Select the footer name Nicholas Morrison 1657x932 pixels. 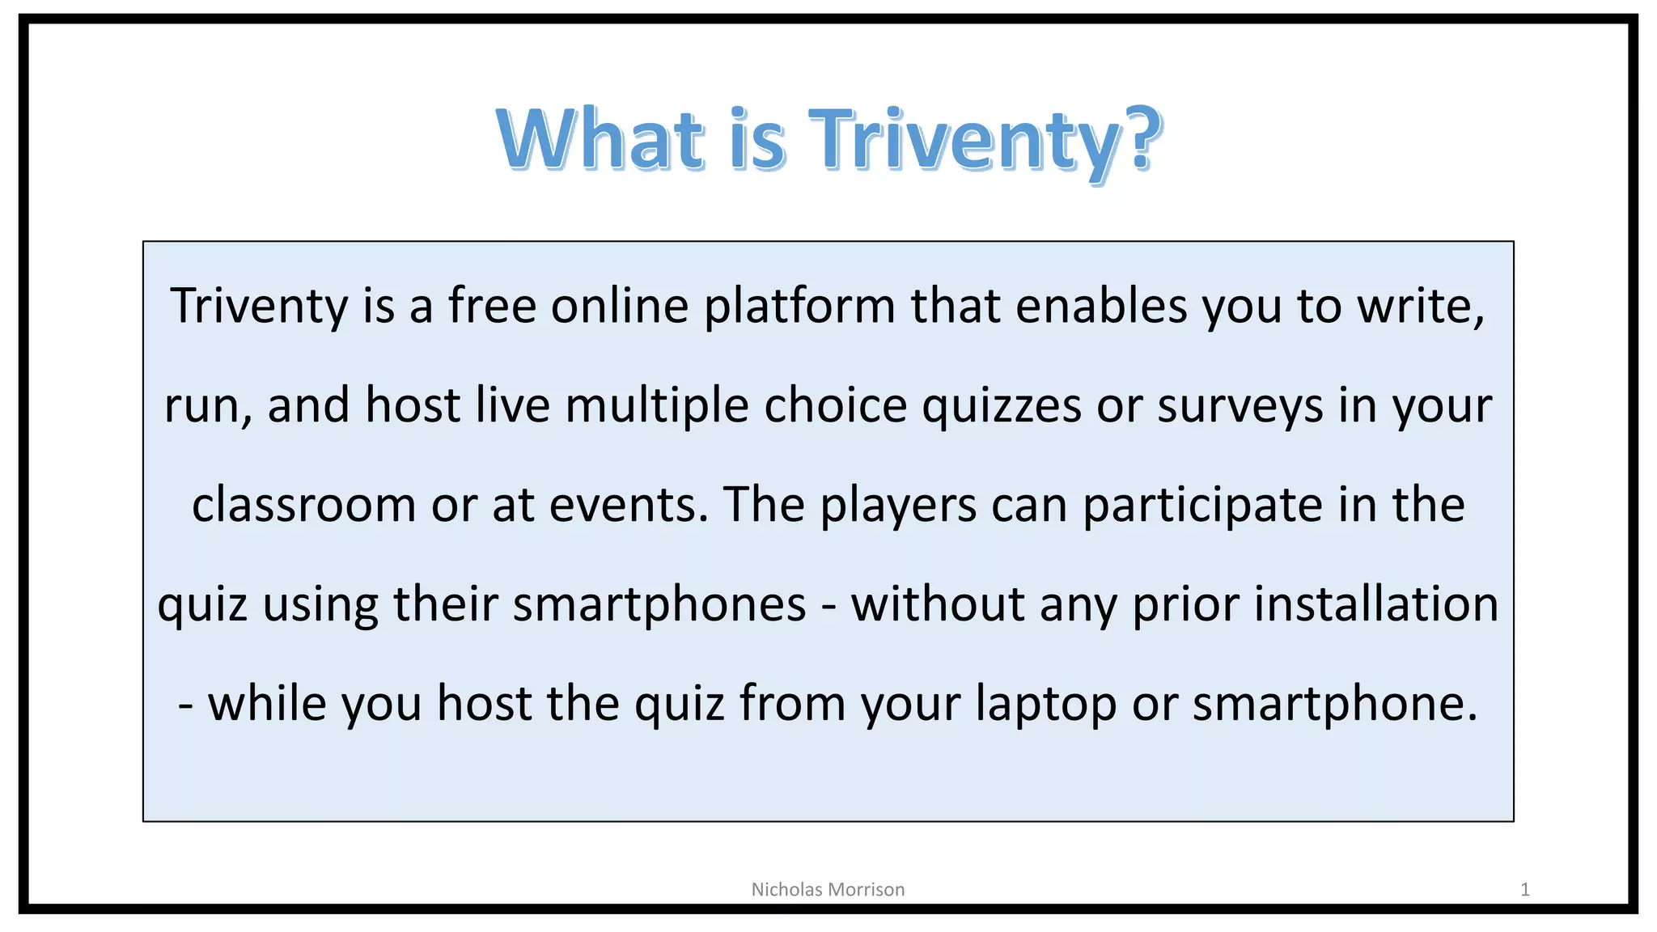coord(828,889)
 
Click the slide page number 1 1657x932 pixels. coord(1524,890)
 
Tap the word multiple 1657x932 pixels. coord(656,406)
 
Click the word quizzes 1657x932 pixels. coord(1002,406)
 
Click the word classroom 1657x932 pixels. coord(303,505)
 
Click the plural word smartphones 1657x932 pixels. coord(659,605)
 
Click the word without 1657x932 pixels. coord(938,604)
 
